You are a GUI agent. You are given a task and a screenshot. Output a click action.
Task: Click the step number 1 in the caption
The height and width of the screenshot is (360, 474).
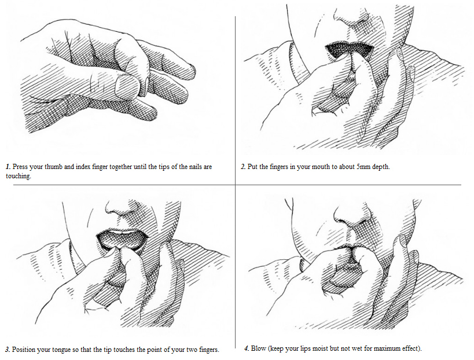tap(8, 167)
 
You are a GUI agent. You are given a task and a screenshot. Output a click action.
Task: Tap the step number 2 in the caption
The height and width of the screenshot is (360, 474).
tap(243, 167)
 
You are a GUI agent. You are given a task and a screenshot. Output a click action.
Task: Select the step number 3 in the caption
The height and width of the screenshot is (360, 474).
tap(8, 350)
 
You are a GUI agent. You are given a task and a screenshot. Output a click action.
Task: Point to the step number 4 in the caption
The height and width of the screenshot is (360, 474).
tap(247, 348)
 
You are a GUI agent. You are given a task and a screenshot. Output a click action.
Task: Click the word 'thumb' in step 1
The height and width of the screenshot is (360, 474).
tap(53, 167)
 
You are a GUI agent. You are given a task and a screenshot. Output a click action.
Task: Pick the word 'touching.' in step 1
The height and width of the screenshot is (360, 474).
tap(19, 176)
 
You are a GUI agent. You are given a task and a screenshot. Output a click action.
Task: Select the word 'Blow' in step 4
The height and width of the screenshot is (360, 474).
tap(259, 348)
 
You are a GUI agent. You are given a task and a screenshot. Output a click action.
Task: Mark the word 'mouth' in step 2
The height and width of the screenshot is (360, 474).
tap(321, 167)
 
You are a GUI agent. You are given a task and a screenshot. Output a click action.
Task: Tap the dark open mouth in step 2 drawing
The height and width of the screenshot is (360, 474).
tap(349, 49)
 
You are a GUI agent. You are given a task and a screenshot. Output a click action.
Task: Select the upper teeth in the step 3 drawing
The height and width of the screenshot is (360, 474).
tap(123, 233)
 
